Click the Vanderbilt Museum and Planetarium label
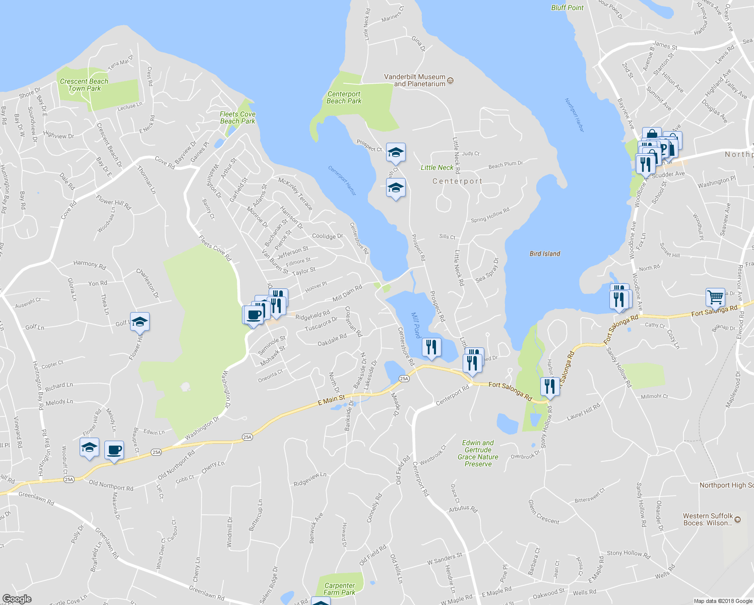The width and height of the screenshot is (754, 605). pos(415,81)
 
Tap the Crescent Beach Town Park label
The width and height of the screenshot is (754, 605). pos(84,85)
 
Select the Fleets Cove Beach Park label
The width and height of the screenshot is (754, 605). pos(237,117)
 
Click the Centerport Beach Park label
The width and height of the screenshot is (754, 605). pos(344,97)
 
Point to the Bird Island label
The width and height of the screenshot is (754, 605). pos(545,254)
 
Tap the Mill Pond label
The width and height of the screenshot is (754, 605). pos(416,325)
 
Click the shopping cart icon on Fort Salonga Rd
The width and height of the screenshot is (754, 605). pos(715,297)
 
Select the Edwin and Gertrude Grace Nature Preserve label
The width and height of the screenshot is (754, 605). pos(478,453)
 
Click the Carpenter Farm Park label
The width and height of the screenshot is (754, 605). pos(339,589)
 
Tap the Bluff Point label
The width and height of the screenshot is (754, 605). pos(567,8)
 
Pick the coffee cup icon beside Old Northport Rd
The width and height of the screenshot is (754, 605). pos(114,449)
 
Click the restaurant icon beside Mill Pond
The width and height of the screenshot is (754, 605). pos(431,347)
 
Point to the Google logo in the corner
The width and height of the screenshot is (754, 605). pos(17,599)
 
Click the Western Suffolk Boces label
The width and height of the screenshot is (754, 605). pos(708,519)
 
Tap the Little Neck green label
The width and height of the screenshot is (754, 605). pos(437,167)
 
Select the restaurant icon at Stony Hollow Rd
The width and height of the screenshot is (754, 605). pos(549,386)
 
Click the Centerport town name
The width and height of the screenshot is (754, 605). pos(457,181)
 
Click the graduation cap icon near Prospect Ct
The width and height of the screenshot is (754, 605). pos(396,152)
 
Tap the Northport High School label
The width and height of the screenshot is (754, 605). pos(726,485)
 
